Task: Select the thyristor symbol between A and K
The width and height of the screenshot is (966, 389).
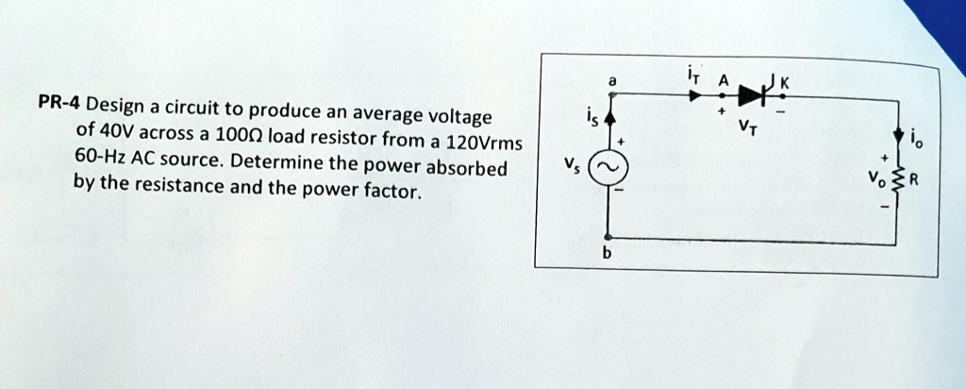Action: pos(755,93)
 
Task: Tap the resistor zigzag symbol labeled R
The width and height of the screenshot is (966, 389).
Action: pos(899,180)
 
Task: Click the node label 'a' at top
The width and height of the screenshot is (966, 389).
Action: pos(612,80)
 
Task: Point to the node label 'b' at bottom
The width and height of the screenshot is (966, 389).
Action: pos(607,254)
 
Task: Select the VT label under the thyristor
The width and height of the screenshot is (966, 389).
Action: pos(747,127)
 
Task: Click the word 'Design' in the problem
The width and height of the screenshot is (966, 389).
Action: pos(114,106)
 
